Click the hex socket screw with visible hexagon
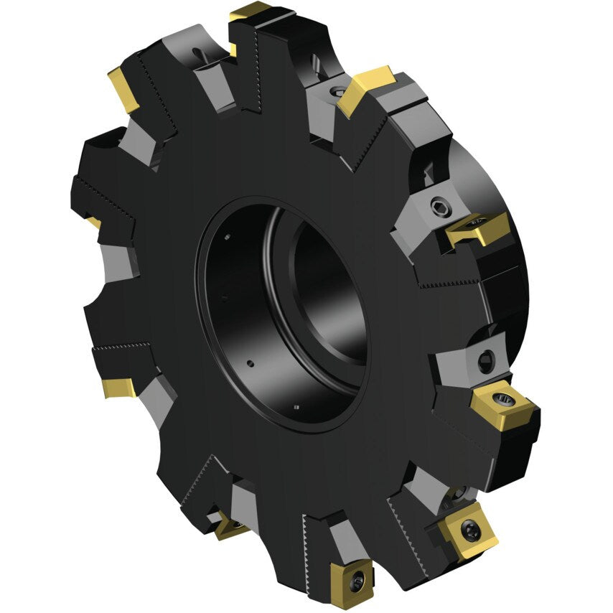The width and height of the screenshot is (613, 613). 437,209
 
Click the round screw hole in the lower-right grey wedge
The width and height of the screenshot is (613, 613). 486,357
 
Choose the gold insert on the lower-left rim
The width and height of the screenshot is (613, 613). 118,387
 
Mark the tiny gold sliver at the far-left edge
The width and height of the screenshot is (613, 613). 94,223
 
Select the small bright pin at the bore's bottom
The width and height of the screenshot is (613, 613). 292,407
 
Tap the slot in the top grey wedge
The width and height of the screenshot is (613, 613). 196,52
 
